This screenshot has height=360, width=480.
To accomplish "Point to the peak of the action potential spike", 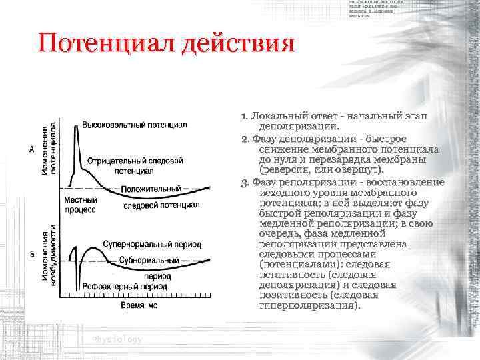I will [78, 131].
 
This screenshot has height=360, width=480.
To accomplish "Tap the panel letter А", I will [33, 150].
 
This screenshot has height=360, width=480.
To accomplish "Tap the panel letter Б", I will [33, 255].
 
